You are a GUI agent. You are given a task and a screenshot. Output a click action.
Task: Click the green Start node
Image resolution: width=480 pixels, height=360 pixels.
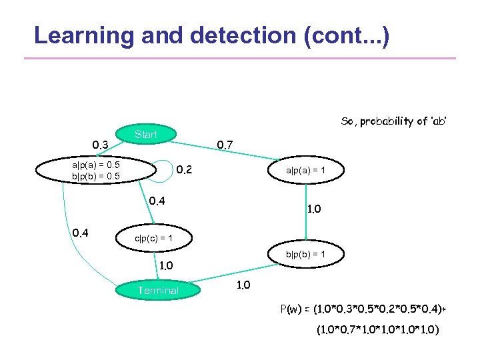tap(146, 134)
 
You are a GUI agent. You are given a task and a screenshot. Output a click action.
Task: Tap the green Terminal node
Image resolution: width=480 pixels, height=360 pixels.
tap(158, 290)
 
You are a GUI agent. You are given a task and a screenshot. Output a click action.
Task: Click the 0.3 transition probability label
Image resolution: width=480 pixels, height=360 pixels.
tap(101, 145)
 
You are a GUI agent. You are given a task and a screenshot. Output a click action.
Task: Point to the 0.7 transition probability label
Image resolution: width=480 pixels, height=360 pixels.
tap(225, 145)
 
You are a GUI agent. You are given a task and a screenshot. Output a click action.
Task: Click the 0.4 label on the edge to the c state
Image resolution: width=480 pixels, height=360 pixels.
tap(157, 200)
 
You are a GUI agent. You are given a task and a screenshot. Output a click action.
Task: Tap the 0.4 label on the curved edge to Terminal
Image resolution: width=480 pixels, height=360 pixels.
tap(81, 233)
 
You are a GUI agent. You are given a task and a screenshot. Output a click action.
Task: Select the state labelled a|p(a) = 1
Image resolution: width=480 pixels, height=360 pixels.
tap(305, 171)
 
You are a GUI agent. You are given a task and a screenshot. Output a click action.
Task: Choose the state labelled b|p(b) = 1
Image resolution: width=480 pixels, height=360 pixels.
tap(305, 254)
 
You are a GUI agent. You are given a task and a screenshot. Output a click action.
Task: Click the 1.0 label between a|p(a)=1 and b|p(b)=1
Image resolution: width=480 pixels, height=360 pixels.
tap(313, 209)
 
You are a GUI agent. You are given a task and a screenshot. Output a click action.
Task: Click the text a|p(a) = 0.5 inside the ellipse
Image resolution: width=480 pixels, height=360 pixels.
tap(96, 165)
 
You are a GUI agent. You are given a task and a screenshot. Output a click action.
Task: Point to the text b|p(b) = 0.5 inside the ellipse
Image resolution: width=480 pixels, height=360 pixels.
tap(96, 176)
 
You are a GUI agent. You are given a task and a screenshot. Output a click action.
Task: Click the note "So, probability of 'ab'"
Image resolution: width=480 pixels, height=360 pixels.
tap(393, 121)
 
